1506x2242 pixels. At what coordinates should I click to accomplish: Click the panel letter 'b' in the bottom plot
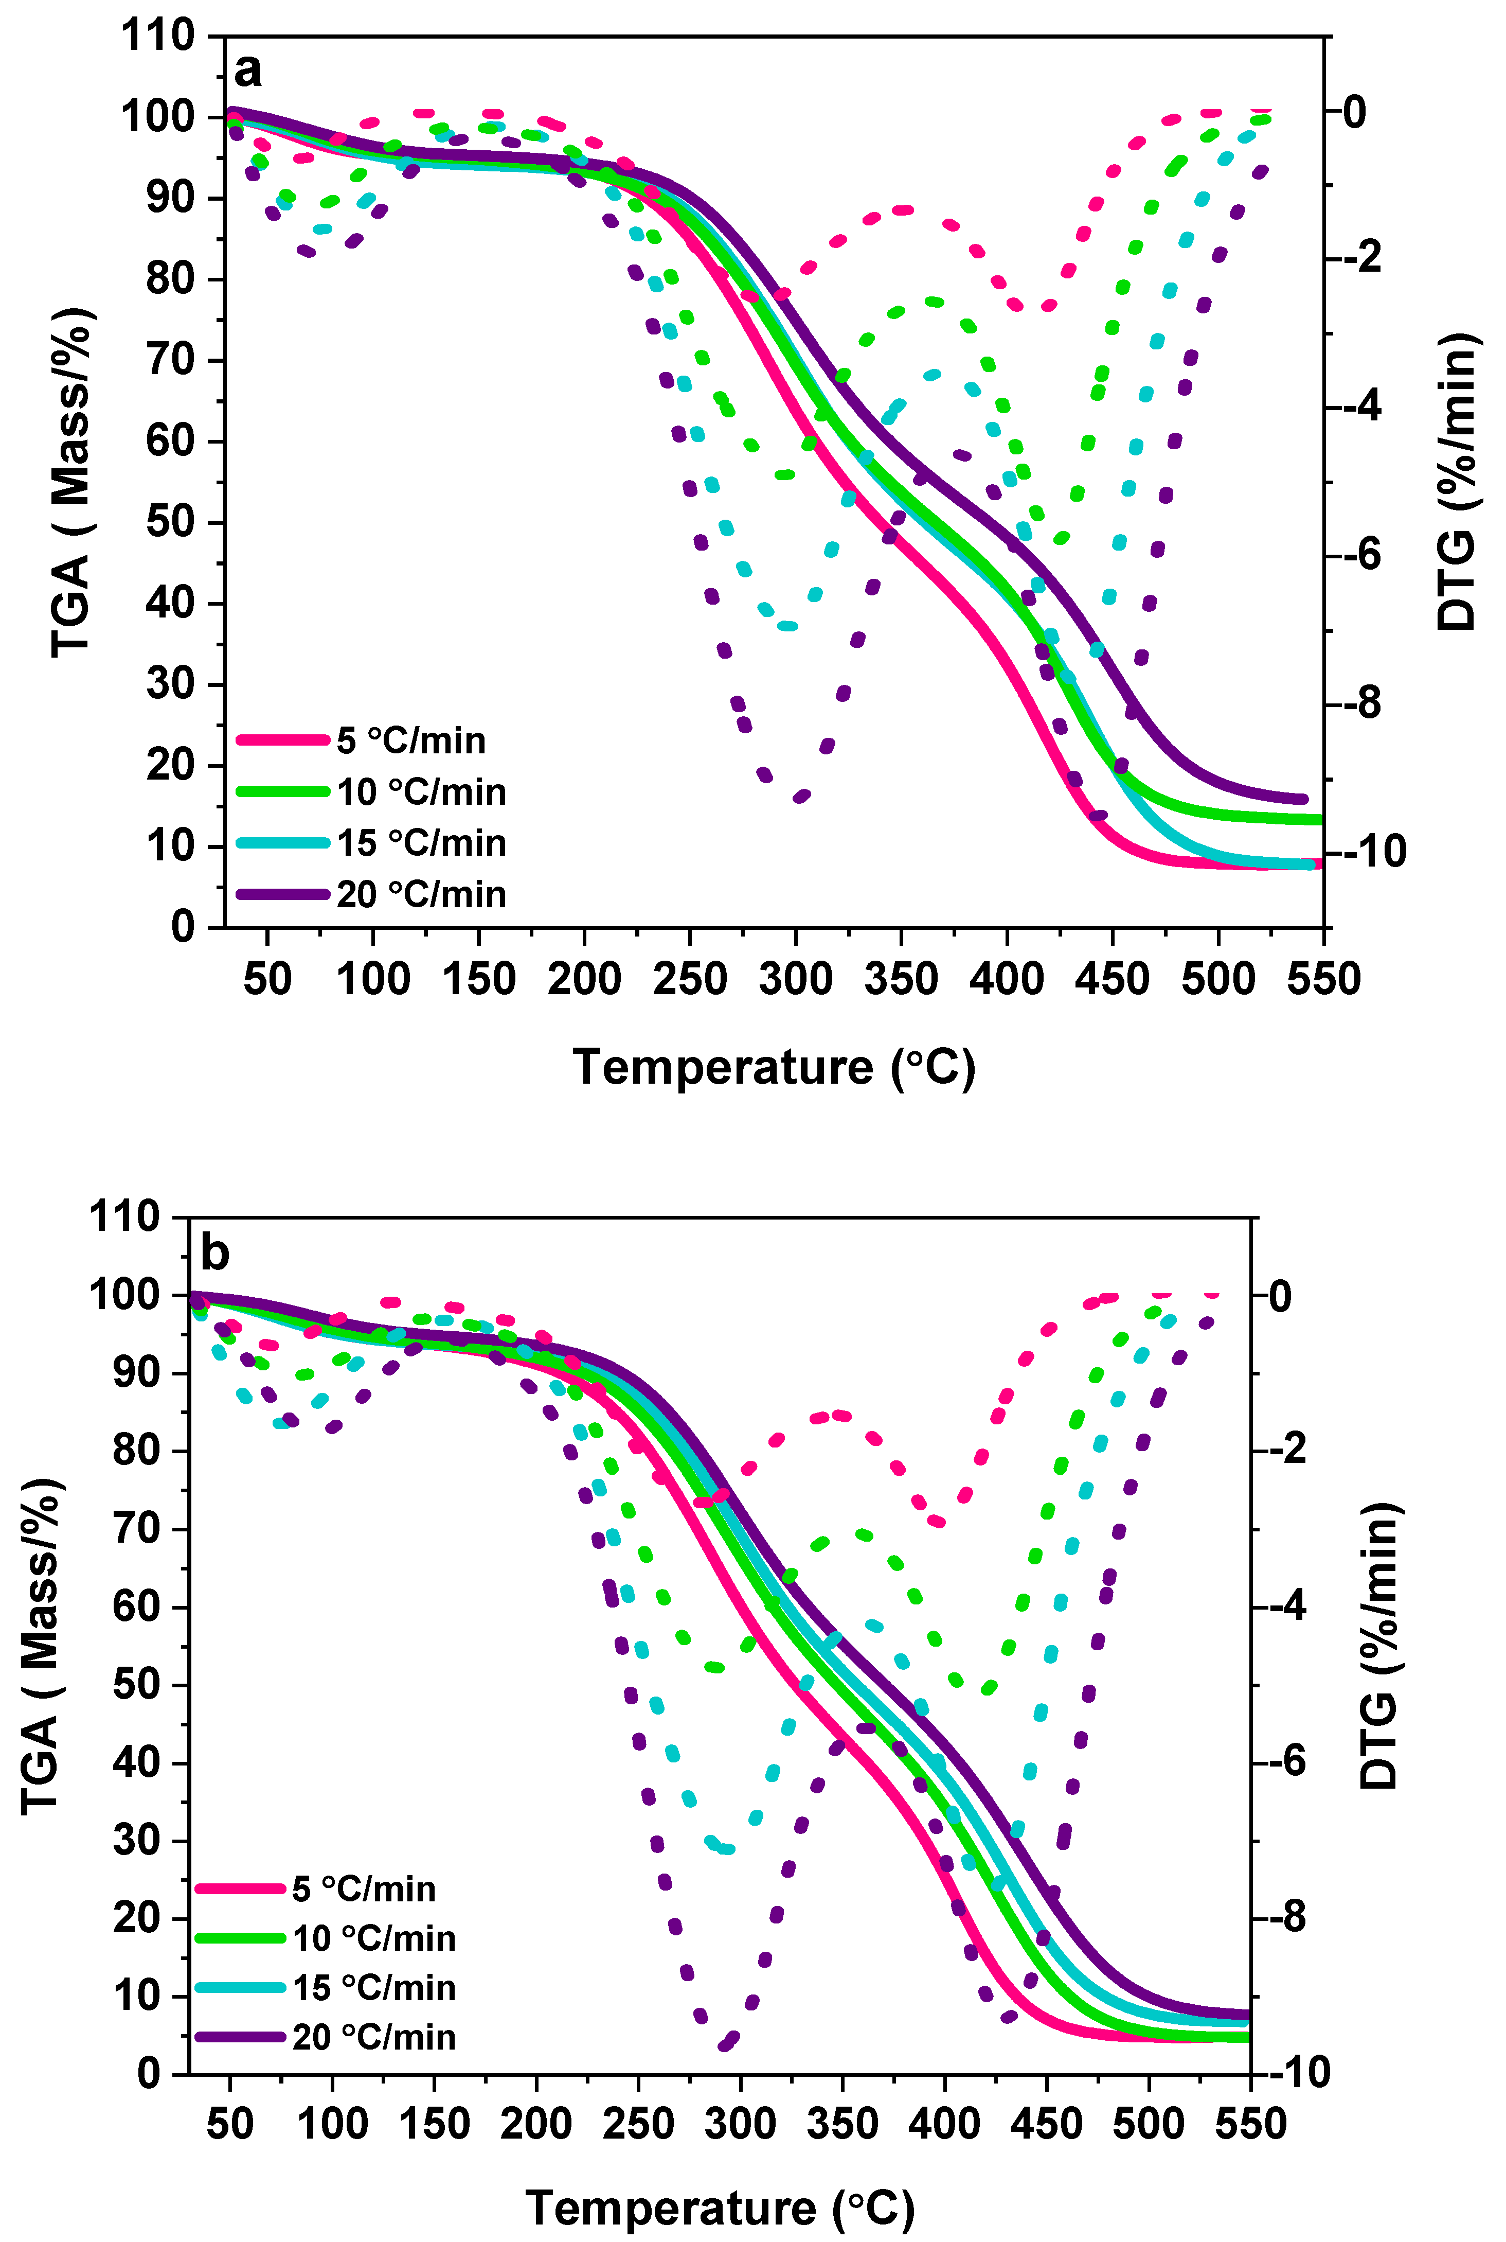(214, 1252)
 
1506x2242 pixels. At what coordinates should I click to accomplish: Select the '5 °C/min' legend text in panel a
(411, 740)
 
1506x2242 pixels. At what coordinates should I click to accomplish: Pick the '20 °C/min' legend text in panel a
(421, 894)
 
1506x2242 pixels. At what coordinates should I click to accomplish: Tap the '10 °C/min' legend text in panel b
(373, 1938)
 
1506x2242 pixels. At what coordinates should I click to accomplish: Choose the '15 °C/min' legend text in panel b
(373, 1987)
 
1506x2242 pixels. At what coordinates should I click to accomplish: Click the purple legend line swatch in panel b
(241, 2037)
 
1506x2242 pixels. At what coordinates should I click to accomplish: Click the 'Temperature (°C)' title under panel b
(721, 2208)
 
